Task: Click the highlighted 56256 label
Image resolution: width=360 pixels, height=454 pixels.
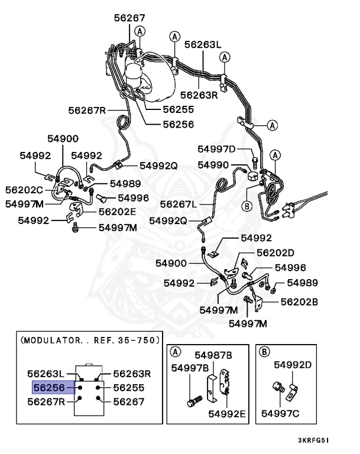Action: tap(50, 388)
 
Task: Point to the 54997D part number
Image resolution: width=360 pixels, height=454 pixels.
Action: tap(216, 149)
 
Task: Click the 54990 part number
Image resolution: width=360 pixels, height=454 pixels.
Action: tap(213, 164)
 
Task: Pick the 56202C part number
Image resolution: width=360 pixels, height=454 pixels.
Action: tap(24, 190)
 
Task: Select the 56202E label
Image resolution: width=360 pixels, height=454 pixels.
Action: tap(117, 210)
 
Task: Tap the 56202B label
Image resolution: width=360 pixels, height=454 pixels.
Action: tap(299, 301)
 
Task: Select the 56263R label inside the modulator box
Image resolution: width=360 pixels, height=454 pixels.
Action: tap(132, 374)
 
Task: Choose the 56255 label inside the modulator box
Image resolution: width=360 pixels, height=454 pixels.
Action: tap(128, 388)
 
